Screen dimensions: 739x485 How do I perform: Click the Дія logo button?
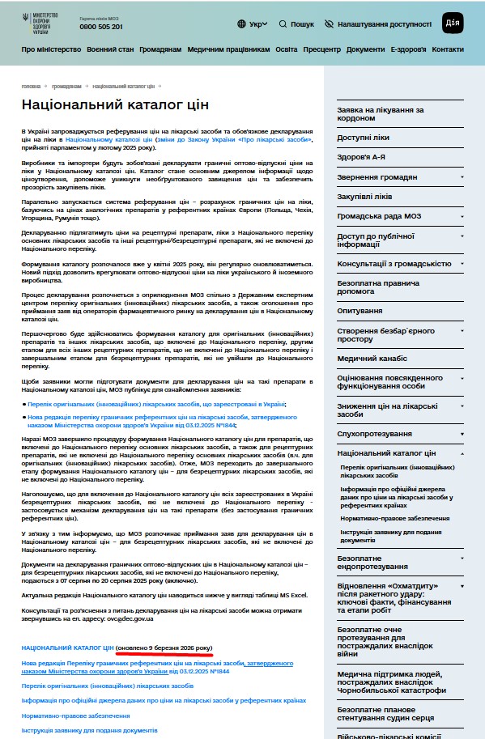coord(453,23)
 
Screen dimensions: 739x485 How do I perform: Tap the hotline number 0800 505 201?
coord(101,27)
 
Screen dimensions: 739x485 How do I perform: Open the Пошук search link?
coord(296,24)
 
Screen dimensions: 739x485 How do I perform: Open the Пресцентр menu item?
coord(321,49)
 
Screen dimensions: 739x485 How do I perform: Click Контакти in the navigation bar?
coord(448,49)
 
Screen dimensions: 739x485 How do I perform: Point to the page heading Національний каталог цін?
coord(115,104)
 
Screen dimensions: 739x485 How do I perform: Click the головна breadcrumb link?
coord(31,85)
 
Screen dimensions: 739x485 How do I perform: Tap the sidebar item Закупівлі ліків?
coord(364,196)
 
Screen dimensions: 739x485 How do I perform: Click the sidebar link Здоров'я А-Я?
coord(361,157)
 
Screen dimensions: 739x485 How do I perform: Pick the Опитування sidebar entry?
coord(360,310)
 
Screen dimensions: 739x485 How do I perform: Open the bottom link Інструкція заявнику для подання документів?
coord(89,730)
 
